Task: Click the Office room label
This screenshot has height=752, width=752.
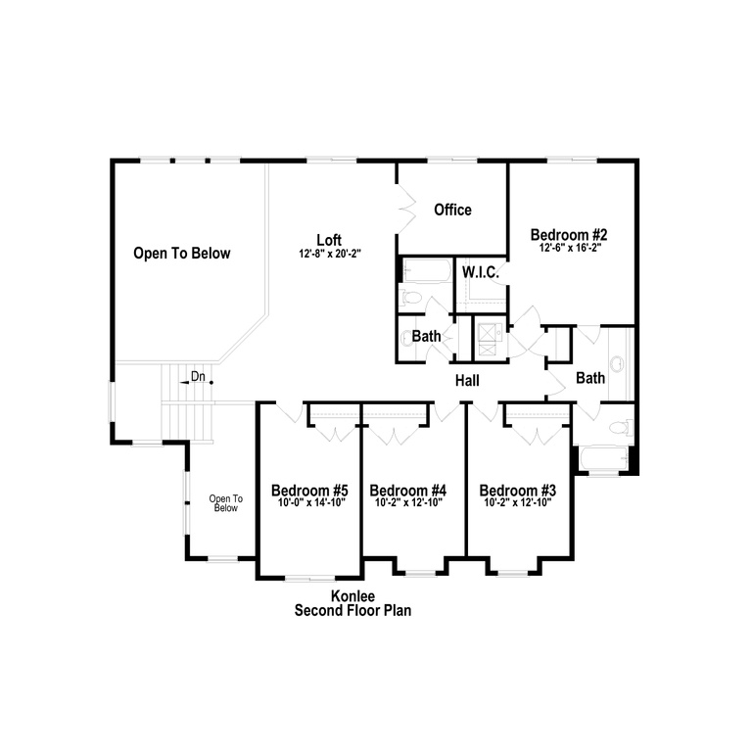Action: (452, 210)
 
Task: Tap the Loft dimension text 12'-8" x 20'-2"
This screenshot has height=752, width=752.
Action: (330, 254)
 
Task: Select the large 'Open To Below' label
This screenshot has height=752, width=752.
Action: (182, 253)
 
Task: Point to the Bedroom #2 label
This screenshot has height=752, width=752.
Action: (569, 235)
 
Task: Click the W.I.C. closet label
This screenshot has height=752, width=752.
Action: (481, 272)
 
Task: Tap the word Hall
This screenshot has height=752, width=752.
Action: (467, 381)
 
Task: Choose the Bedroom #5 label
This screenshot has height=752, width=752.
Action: (309, 491)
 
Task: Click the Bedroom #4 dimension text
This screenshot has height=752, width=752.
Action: (408, 502)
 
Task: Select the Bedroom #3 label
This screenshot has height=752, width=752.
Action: (517, 491)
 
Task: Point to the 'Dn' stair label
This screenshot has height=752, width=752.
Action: (198, 376)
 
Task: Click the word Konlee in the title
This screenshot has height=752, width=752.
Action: (352, 596)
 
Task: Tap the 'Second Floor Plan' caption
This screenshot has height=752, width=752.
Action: (352, 611)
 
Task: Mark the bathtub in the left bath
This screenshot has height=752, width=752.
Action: (426, 271)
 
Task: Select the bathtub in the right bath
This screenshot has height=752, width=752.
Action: (604, 458)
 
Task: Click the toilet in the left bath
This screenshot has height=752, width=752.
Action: (411, 298)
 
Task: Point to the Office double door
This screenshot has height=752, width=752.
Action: (405, 210)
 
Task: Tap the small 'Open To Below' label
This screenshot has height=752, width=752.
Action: (226, 503)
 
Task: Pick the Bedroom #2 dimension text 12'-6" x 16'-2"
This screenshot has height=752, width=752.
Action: (570, 248)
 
